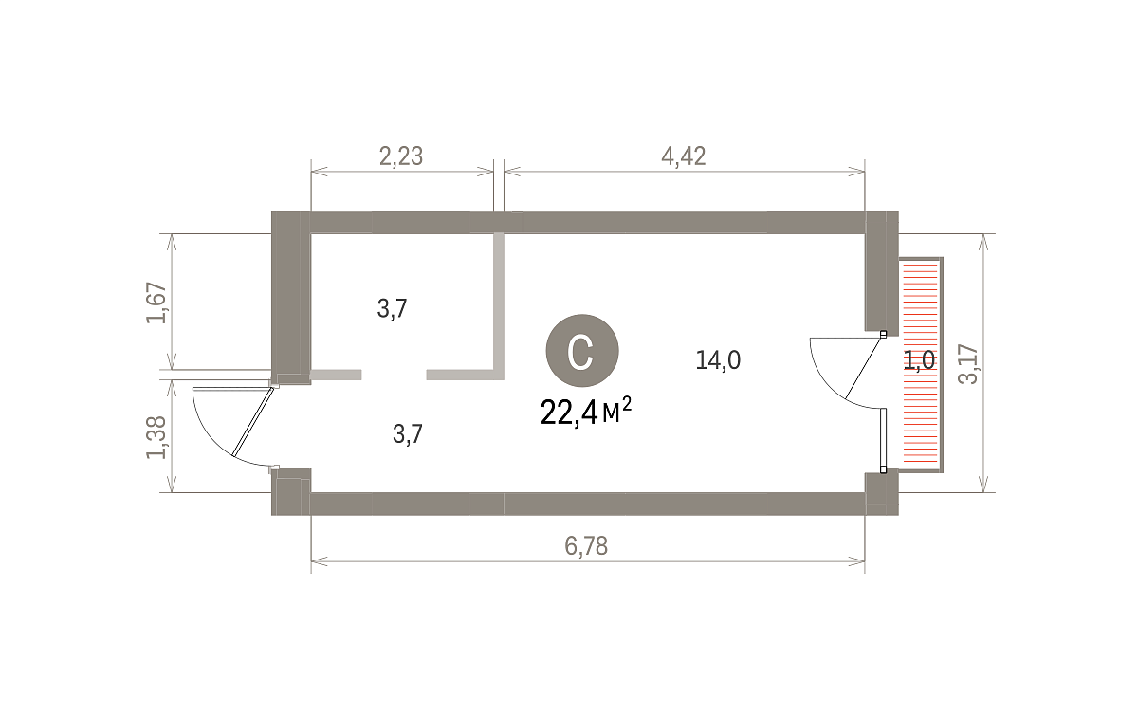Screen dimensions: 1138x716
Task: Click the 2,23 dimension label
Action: (401, 156)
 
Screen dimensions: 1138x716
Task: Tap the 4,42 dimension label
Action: (684, 156)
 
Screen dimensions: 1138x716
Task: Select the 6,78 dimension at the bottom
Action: (586, 546)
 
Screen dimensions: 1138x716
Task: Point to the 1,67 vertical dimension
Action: (156, 303)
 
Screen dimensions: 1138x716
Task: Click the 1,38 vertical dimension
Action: (156, 437)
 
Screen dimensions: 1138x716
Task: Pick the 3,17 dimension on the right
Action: (967, 364)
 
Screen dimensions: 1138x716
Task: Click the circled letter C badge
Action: (582, 351)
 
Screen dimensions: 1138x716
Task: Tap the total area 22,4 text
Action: (568, 413)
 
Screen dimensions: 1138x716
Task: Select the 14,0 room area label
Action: (718, 360)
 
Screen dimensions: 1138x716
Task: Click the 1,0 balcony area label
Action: (919, 360)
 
